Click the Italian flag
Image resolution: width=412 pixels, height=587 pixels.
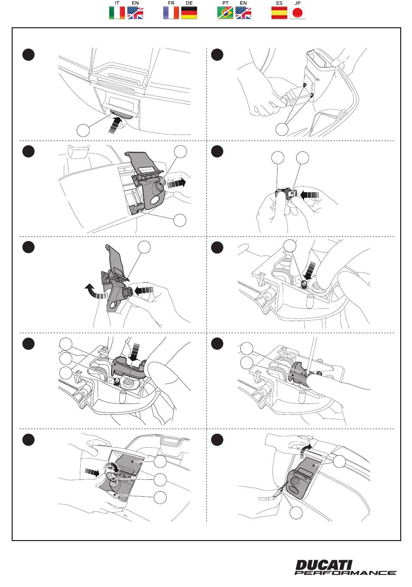point(117,13)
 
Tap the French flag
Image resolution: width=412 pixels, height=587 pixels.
point(171,13)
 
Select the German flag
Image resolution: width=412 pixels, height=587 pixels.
point(189,13)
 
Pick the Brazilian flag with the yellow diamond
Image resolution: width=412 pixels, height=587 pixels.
point(225,13)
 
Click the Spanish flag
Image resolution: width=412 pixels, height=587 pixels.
point(279,13)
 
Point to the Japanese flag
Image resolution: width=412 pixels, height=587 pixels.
point(298,13)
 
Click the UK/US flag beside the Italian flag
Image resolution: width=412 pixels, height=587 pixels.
point(135,13)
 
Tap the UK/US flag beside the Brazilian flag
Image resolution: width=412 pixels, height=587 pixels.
point(243,13)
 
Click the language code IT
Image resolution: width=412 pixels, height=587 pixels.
point(117,3)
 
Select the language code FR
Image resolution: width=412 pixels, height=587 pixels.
point(171,3)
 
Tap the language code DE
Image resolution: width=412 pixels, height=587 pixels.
point(189,3)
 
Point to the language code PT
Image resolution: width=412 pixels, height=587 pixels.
point(225,3)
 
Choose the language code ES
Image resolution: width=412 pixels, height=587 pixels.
point(279,3)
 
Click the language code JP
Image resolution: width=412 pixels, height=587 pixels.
point(298,3)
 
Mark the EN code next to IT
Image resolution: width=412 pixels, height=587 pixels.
point(135,3)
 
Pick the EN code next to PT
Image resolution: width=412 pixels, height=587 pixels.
point(243,3)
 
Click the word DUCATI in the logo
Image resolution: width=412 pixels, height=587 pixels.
point(324,565)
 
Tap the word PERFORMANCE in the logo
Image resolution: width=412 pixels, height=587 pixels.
point(346,573)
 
